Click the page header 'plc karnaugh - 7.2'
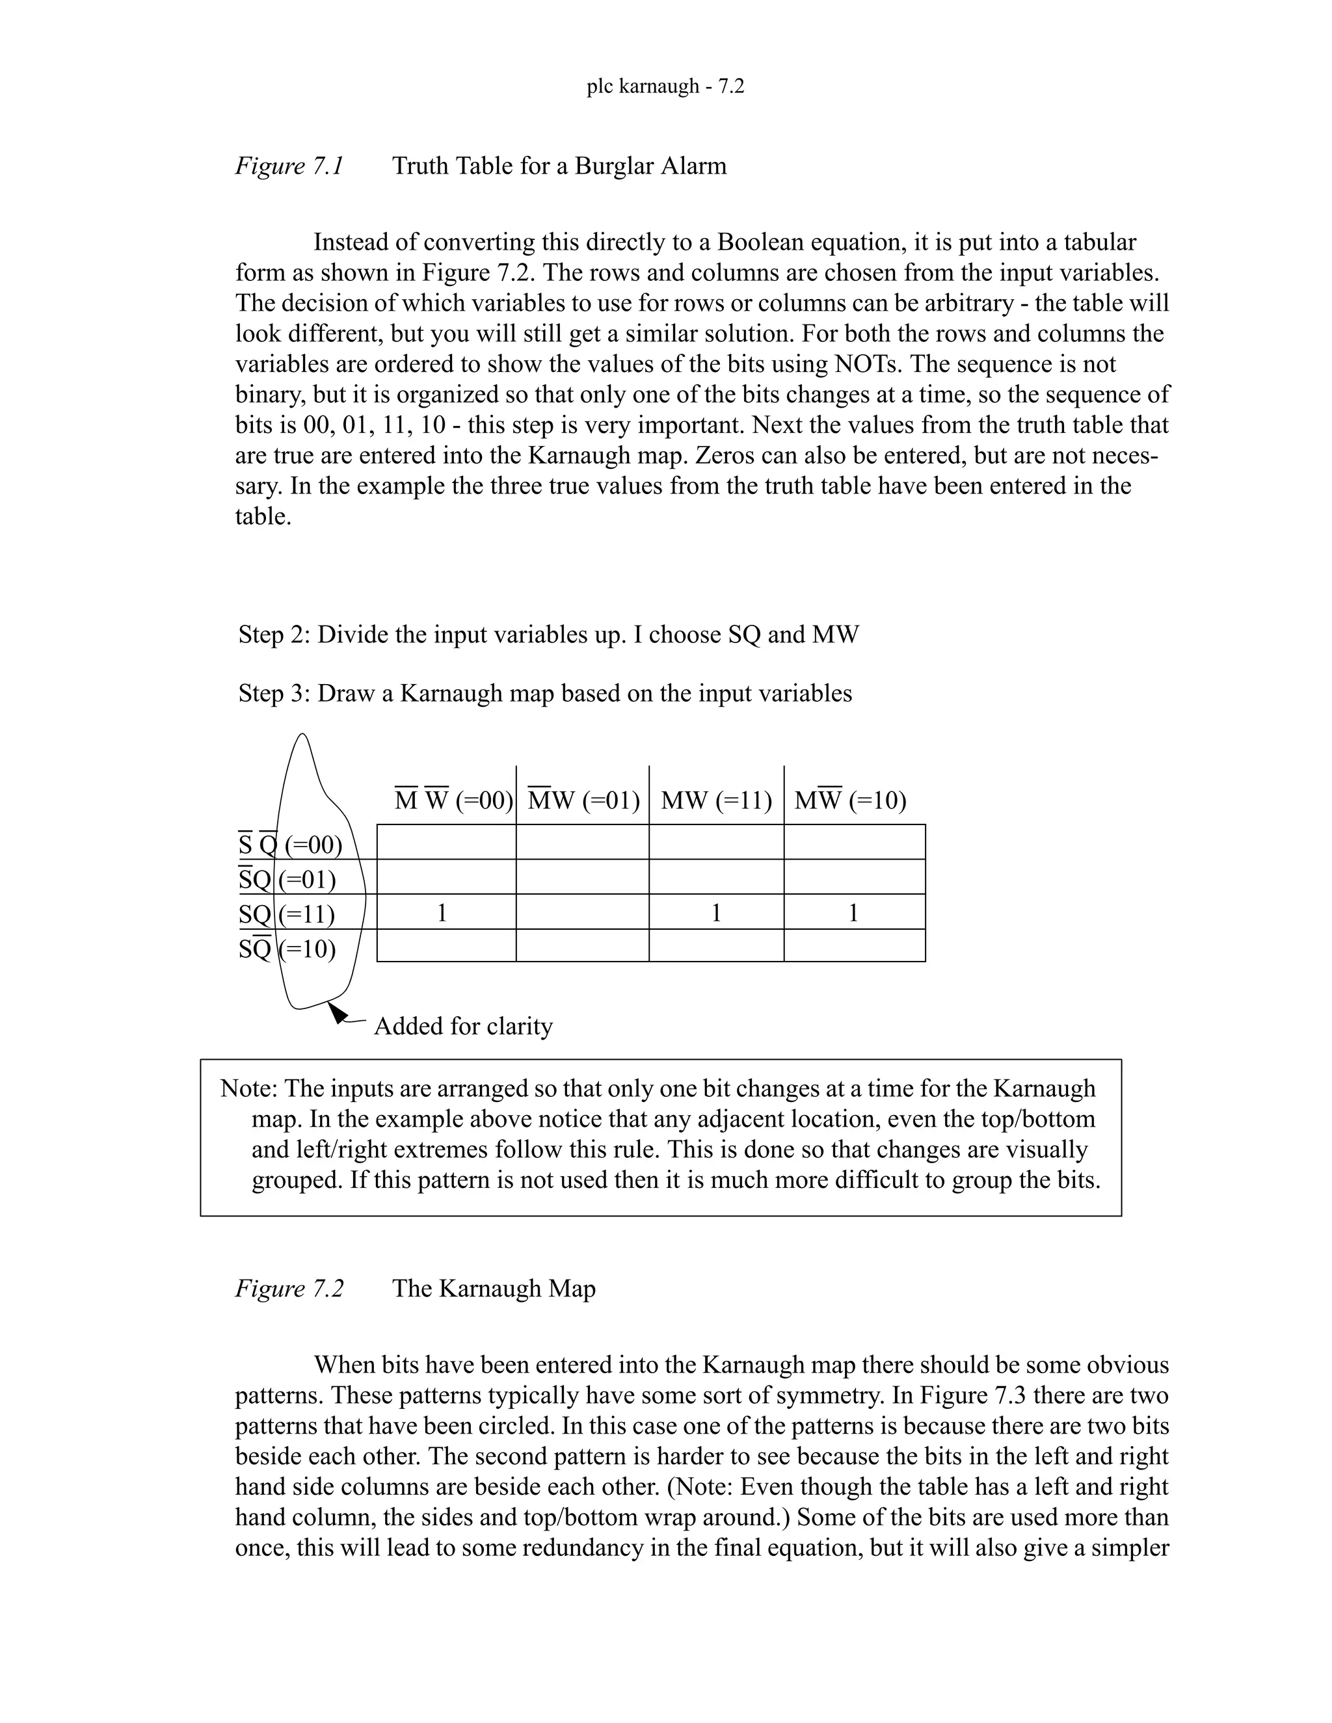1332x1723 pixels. (665, 86)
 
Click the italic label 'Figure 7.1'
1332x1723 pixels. (289, 166)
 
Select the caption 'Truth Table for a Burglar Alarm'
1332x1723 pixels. (559, 166)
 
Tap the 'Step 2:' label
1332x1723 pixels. (274, 635)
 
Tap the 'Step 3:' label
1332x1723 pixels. (274, 694)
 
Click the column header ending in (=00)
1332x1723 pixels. (454, 801)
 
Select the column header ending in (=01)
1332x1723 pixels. (583, 801)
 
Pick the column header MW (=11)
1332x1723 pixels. (715, 801)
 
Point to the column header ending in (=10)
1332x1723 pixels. (850, 801)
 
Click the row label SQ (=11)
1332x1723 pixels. (286, 914)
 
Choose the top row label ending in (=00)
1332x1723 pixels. (289, 845)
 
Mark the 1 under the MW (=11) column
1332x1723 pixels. (715, 913)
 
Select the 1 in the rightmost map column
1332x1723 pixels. (853, 913)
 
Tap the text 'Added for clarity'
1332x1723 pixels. (463, 1027)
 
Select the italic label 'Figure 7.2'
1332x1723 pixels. (289, 1288)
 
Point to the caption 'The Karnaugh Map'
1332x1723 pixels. (494, 1288)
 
